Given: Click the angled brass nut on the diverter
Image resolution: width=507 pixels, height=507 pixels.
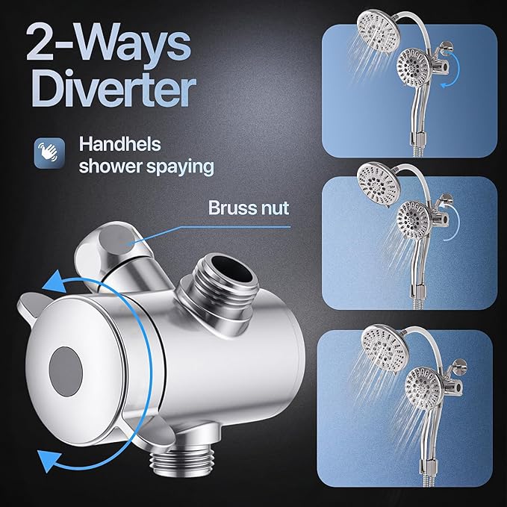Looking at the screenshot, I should coord(119,241).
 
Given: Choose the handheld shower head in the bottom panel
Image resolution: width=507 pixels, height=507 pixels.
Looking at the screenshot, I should coord(423,388).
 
